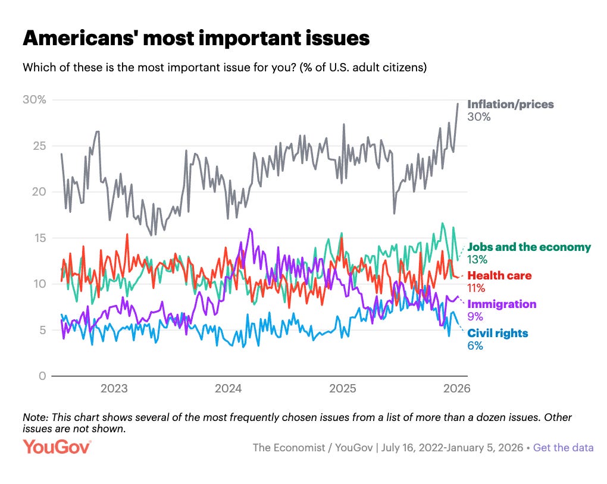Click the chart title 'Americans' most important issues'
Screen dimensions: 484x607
pos(196,39)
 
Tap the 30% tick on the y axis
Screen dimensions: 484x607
pos(34,99)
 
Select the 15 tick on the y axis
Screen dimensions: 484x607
pos(39,238)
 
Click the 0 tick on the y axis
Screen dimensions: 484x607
pos(42,376)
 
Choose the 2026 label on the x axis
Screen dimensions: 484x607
pos(456,389)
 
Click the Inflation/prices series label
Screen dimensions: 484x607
pos(511,105)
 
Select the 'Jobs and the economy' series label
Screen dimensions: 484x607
pos(529,247)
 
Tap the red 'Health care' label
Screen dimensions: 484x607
pos(499,275)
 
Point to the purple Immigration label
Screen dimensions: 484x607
pos(502,304)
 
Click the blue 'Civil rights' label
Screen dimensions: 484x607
pos(498,333)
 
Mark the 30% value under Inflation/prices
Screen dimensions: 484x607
pos(478,117)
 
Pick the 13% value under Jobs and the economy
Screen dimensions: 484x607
pos(477,259)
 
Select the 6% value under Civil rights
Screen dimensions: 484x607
pos(475,345)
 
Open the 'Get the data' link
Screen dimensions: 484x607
pos(563,448)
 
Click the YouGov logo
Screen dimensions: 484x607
pos(57,447)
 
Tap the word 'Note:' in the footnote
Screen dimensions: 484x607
pos(35,417)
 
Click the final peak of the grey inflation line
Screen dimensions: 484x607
pos(458,103)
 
